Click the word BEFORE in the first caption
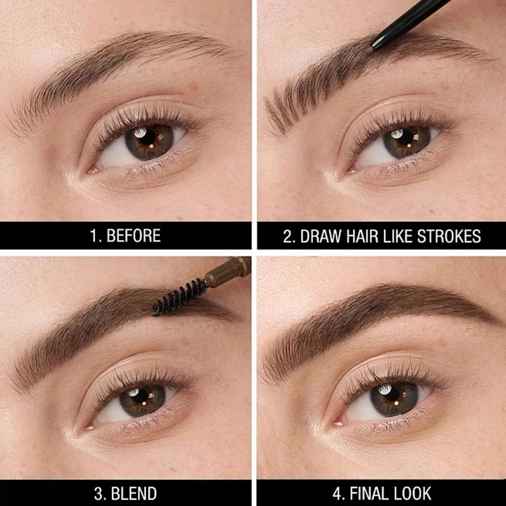pos(133,235)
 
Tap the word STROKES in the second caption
pos(449,236)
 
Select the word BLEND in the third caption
pos(134,493)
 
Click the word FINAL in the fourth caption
pos(369,493)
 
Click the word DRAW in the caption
pos(321,236)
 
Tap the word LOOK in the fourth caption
pos(412,493)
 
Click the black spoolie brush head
pos(179,297)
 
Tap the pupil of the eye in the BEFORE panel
pos(147,137)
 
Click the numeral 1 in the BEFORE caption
pos(93,235)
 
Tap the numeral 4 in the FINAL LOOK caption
pos(337,494)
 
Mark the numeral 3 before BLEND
pos(98,494)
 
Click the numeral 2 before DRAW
pos(288,236)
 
